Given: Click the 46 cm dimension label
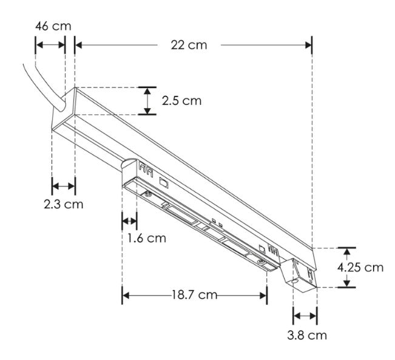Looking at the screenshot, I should point(53,26).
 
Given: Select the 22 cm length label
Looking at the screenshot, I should point(189,45).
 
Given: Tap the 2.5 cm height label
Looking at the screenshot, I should point(181,101).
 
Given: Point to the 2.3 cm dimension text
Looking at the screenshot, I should point(63,204).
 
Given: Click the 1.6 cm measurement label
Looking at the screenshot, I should point(146,237).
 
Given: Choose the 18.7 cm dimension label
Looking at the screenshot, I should point(194,295).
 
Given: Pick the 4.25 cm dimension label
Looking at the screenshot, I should point(360,267).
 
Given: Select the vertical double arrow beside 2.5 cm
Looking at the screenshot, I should point(146,101).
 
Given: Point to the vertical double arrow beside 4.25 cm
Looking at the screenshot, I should point(346,267).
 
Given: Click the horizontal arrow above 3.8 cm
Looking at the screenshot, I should point(305,315).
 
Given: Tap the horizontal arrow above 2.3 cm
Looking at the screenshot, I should point(63,186).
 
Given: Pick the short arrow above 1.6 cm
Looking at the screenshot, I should point(129,219).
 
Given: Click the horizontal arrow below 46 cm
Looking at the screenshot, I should point(50,44).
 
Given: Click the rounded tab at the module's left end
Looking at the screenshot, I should point(129,163).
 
